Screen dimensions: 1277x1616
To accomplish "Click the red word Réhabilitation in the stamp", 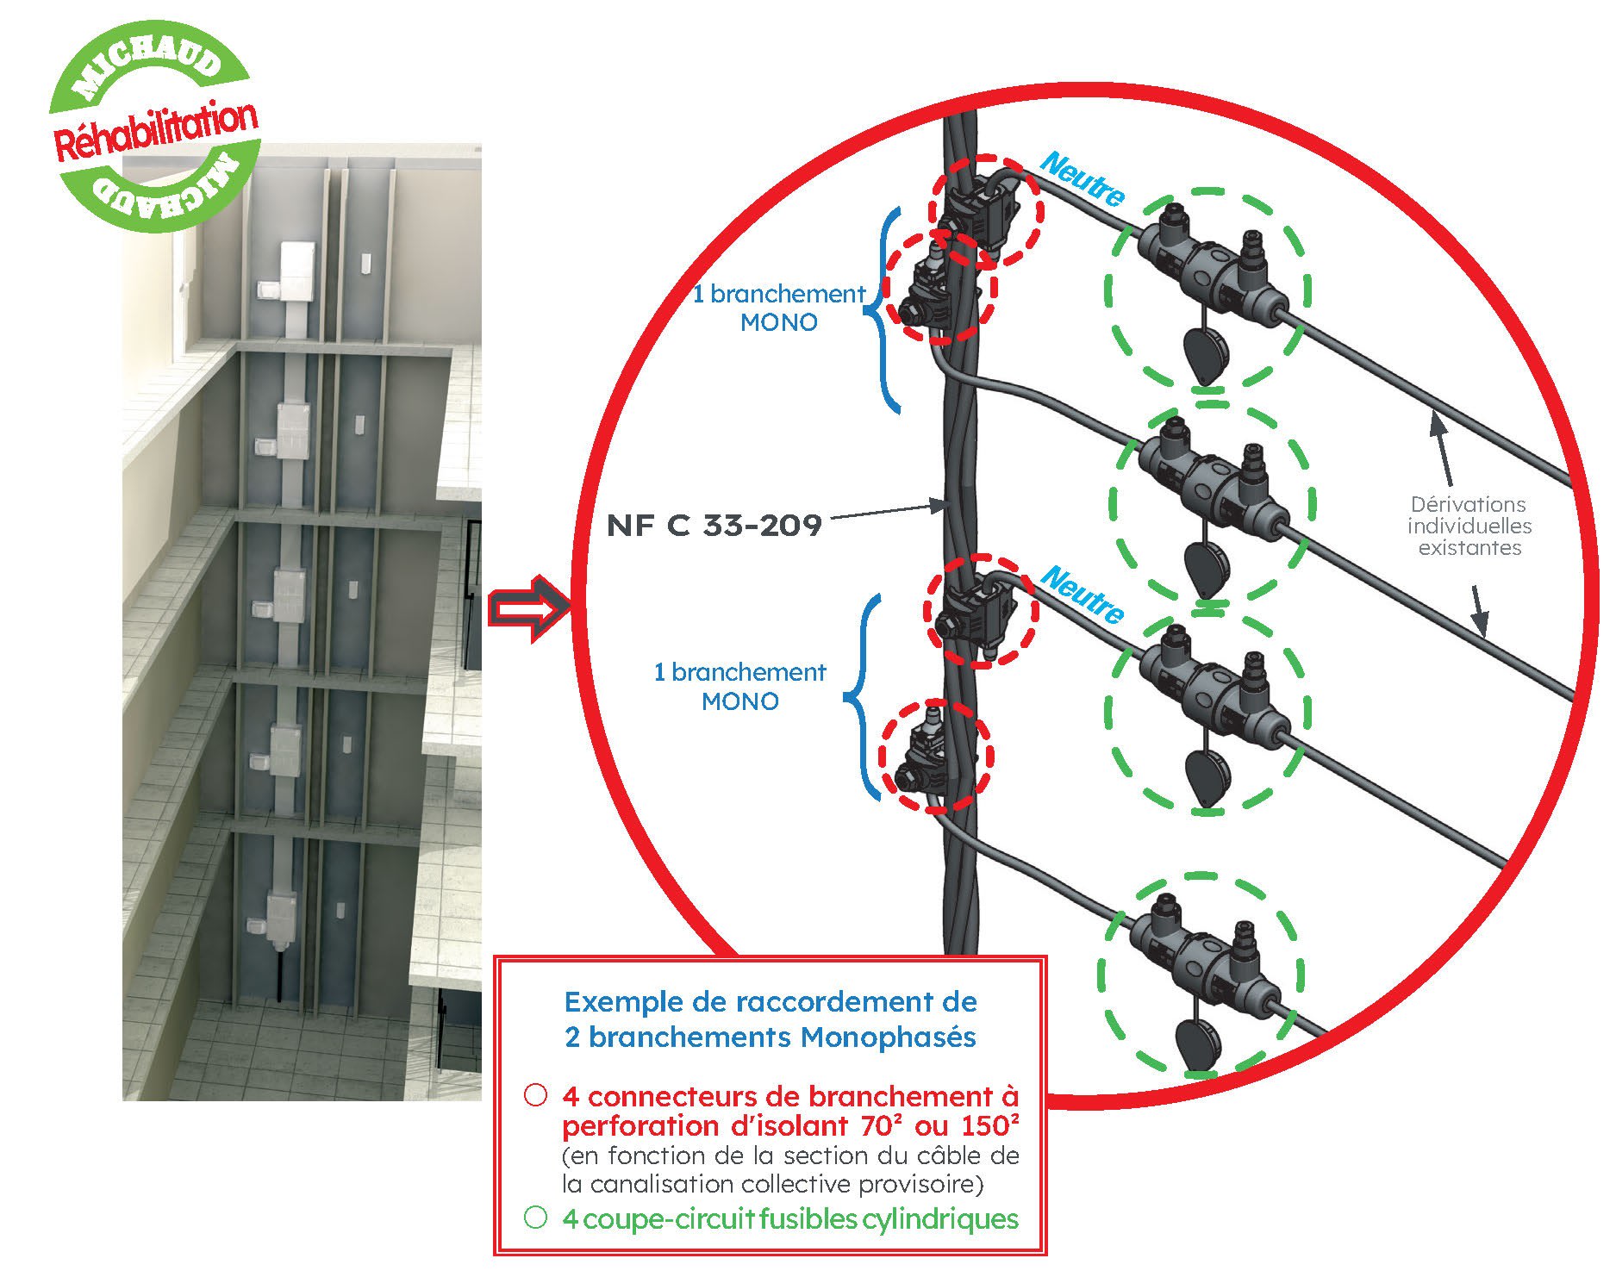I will [156, 132].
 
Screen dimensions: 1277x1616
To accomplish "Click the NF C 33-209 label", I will [714, 525].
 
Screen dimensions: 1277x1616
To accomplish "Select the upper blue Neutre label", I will [1083, 179].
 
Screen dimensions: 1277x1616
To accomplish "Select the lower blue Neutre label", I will [1083, 594].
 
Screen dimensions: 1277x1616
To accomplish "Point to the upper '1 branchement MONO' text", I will [779, 308].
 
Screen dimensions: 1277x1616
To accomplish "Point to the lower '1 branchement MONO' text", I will [740, 686].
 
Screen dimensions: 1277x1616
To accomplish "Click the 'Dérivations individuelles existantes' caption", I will [1469, 526].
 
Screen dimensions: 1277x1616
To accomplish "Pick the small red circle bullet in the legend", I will [535, 1096].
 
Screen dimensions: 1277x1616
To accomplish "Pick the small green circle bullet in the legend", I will [535, 1218].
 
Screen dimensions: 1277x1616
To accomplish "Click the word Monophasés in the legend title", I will [889, 1037].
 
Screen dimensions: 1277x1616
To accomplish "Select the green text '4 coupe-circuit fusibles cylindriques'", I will [790, 1218].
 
